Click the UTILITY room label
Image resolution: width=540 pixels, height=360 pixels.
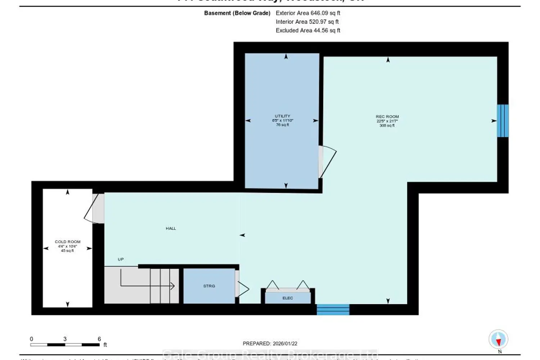point(283,116)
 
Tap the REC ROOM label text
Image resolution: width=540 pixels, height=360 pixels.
point(387,117)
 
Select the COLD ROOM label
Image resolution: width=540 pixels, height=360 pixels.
point(68,242)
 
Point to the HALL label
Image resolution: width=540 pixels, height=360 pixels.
point(171,228)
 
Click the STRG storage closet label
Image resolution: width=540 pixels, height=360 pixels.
point(209,286)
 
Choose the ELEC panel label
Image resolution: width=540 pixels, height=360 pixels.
point(288,298)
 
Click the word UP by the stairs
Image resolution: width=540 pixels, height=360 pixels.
point(121,259)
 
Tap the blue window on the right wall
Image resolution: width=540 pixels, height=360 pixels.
point(503,121)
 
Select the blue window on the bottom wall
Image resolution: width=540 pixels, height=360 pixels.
point(333,309)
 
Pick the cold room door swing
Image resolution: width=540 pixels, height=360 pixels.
point(94,209)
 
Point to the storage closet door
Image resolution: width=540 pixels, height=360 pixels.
point(242,288)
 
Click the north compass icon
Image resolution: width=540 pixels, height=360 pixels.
point(498,339)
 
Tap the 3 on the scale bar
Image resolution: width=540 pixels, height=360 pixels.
point(65,339)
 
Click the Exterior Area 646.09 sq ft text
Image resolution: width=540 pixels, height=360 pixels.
point(308,13)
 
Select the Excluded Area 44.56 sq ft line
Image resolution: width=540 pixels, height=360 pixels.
point(308,31)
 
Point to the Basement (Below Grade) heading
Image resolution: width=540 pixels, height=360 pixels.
point(237,13)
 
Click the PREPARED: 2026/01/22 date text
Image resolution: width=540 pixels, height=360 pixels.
point(270,343)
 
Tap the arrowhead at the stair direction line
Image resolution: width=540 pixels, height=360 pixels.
point(172,286)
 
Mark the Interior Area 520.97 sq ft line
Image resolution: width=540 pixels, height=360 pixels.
point(307,22)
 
